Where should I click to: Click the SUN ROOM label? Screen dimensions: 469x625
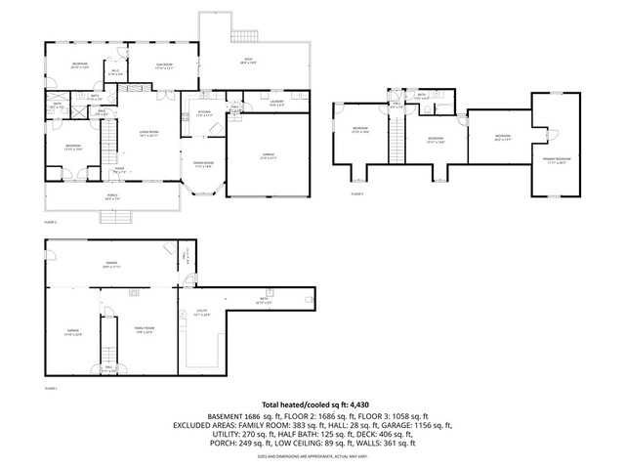(164, 65)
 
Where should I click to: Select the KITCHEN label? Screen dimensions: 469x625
(204, 112)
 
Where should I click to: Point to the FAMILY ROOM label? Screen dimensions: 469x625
(144, 328)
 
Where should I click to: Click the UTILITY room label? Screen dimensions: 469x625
(198, 313)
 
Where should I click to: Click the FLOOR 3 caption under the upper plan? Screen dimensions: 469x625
(356, 194)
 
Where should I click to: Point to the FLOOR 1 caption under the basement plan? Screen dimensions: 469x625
(51, 388)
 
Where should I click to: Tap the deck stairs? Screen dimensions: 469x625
(242, 37)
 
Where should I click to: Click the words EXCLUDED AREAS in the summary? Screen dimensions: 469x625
(204, 425)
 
